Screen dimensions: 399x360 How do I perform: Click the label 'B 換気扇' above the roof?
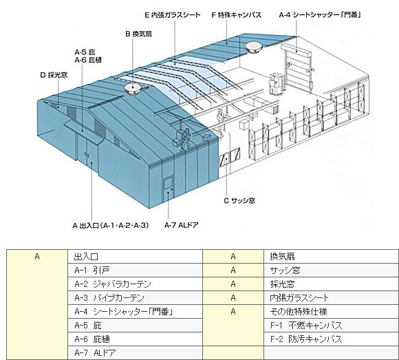139,34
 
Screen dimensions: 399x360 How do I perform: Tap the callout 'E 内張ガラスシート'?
173,14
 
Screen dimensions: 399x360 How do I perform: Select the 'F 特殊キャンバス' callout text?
237,14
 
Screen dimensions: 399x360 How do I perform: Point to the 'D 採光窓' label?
54,75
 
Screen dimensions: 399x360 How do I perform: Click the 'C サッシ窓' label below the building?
239,200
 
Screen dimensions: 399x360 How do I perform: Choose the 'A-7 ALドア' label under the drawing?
181,225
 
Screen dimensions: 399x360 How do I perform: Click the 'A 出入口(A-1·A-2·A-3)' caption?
111,225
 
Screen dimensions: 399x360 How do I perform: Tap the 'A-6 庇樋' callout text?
88,60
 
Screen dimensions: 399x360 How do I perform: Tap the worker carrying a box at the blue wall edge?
184,140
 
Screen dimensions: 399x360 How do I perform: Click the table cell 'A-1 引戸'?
135,270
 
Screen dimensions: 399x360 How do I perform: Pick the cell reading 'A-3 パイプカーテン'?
135,297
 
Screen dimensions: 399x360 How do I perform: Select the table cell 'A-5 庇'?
135,325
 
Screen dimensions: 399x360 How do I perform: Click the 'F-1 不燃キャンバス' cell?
331,325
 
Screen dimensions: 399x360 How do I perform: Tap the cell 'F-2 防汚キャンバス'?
331,339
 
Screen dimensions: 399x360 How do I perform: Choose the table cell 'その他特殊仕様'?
331,311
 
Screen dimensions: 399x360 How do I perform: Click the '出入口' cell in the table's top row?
135,256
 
